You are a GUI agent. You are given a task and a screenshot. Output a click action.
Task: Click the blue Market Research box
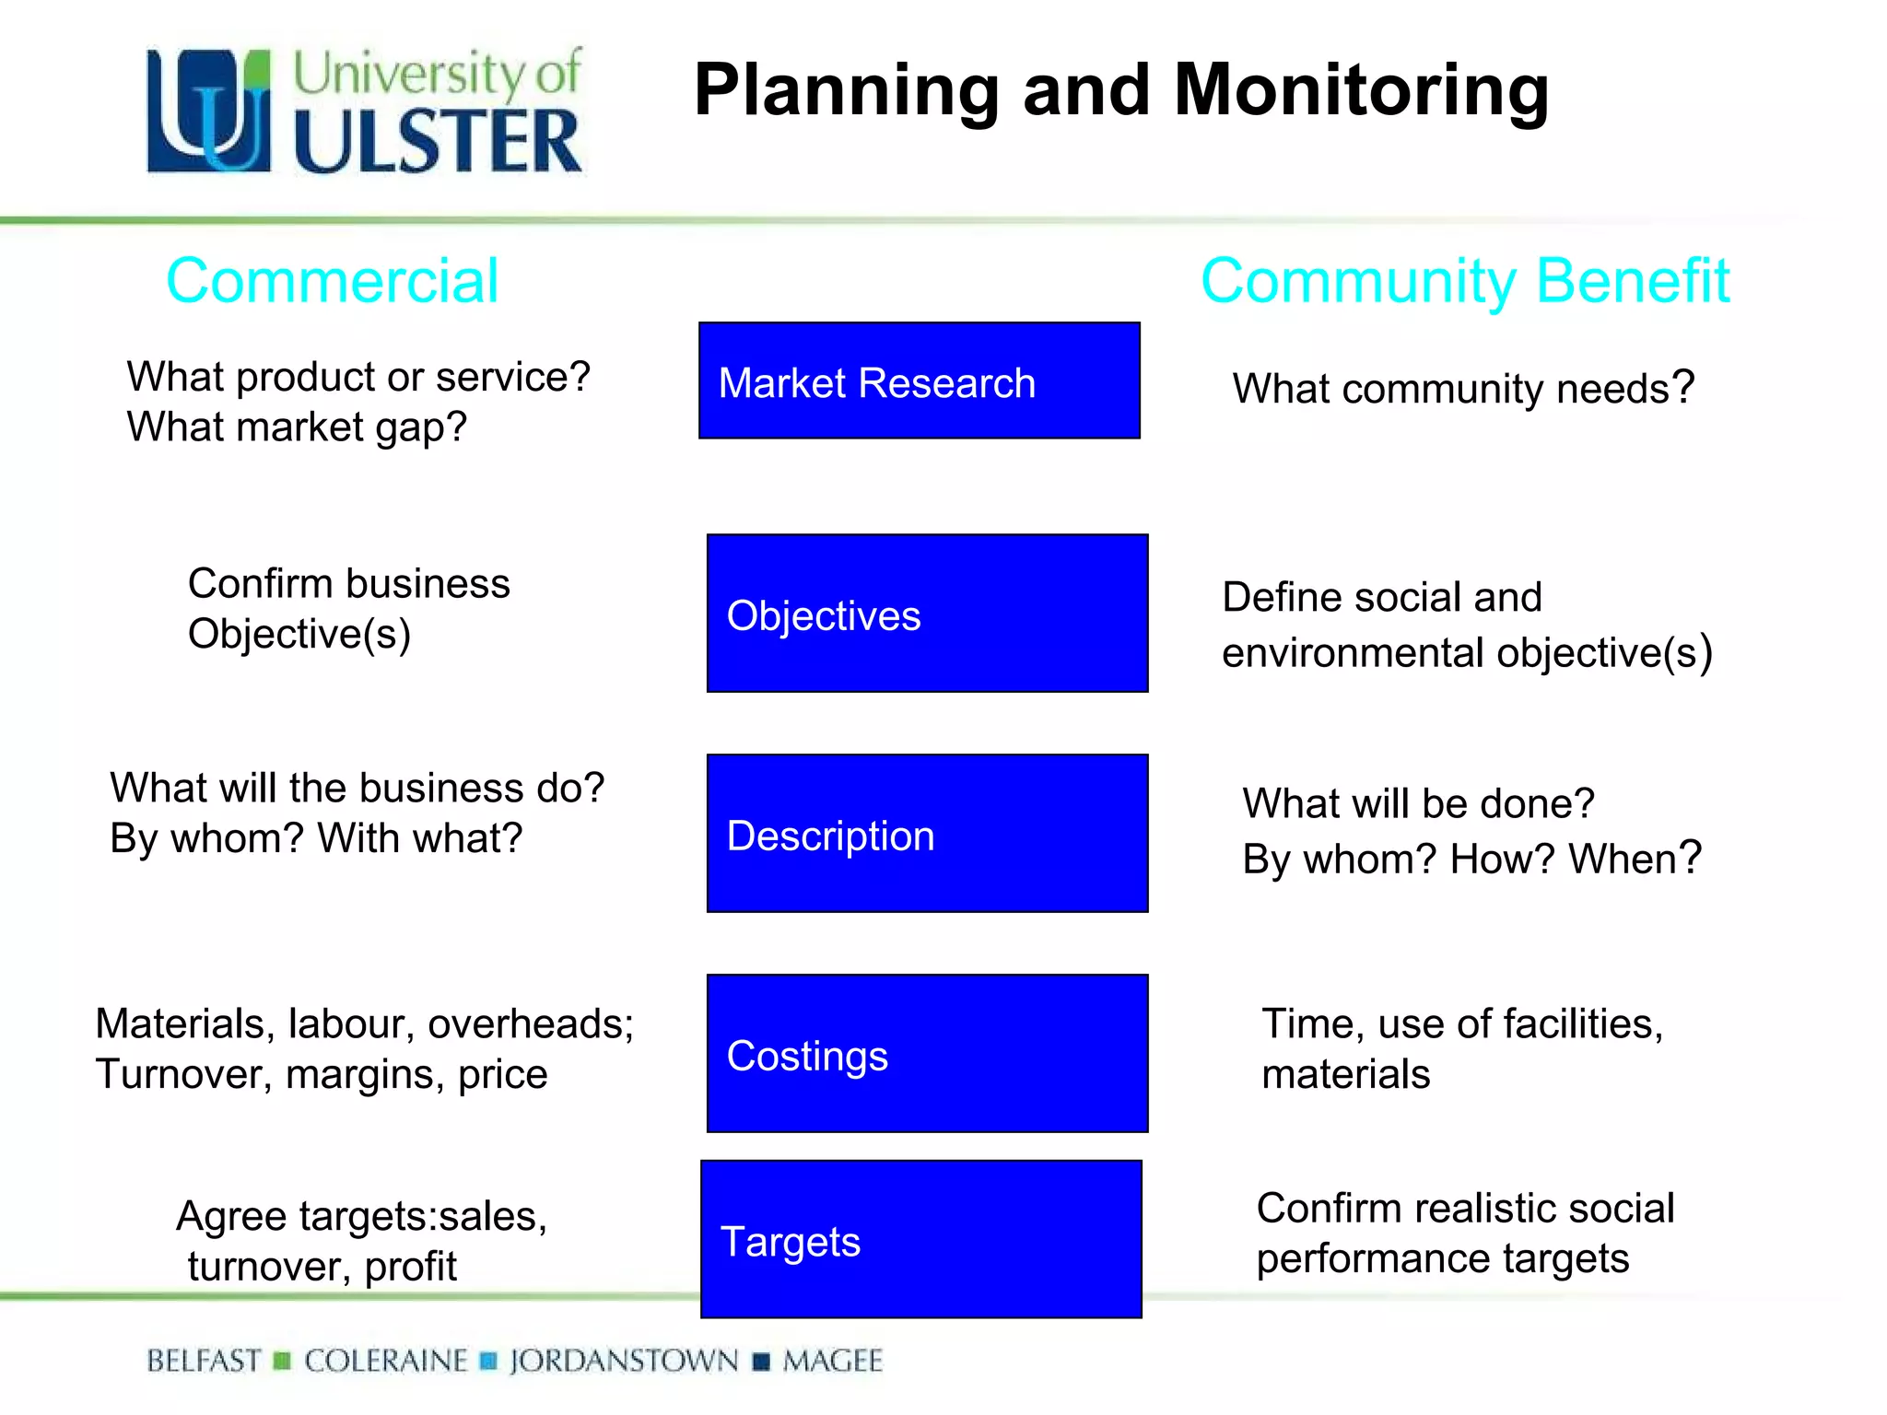[919, 380]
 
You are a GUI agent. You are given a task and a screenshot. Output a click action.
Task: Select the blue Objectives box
[927, 613]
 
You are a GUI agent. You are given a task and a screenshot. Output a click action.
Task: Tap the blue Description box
[927, 833]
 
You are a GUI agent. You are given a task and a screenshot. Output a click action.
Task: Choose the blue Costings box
[927, 1053]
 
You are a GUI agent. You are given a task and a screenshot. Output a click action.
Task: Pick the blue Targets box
[920, 1239]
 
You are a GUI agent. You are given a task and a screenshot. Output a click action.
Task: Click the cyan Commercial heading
[332, 281]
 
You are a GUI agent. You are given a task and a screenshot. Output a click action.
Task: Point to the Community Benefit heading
[1465, 281]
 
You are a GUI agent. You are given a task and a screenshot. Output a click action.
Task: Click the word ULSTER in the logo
[438, 141]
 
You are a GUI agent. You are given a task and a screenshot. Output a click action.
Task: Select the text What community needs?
[1463, 389]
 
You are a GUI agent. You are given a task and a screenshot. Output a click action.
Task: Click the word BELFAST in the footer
[204, 1361]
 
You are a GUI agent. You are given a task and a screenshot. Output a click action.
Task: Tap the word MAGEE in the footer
[832, 1361]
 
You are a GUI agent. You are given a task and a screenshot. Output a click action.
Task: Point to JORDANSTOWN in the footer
[624, 1361]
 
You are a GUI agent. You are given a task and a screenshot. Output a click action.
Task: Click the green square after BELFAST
[283, 1361]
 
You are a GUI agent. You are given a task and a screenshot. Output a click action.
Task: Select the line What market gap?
[297, 427]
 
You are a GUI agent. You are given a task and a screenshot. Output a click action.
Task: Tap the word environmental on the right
[1353, 653]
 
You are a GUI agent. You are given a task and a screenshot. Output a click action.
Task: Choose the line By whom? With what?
[316, 838]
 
